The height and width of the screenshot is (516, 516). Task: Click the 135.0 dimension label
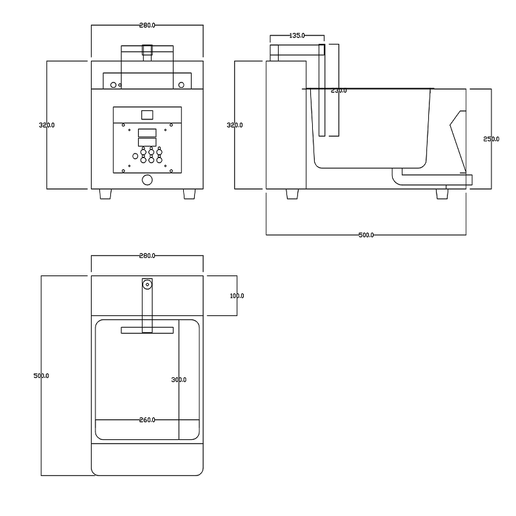pyautogui.click(x=297, y=36)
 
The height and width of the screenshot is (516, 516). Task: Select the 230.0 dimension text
pyautogui.click(x=339, y=91)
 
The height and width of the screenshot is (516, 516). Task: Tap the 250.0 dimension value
pyautogui.click(x=491, y=139)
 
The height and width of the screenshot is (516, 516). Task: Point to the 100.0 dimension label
pyautogui.click(x=237, y=296)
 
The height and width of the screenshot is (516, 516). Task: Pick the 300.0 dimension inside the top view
pyautogui.click(x=179, y=380)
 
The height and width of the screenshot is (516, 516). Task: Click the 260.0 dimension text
pyautogui.click(x=147, y=420)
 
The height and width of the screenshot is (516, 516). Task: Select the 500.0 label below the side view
pyautogui.click(x=366, y=235)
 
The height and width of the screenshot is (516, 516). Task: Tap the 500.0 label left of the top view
pyautogui.click(x=41, y=375)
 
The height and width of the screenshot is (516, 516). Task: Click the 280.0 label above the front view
pyautogui.click(x=147, y=25)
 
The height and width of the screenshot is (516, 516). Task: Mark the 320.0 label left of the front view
pyautogui.click(x=47, y=125)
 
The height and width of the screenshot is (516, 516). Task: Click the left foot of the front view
pyautogui.click(x=105, y=194)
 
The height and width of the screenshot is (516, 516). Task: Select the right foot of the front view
pyautogui.click(x=190, y=194)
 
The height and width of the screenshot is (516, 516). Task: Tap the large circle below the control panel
pyautogui.click(x=147, y=181)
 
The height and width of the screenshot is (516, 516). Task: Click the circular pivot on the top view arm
pyautogui.click(x=148, y=284)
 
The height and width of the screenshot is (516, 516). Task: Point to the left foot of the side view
pyautogui.click(x=292, y=194)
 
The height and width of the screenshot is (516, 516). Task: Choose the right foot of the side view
pyautogui.click(x=442, y=194)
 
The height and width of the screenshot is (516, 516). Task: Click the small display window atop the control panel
pyautogui.click(x=147, y=115)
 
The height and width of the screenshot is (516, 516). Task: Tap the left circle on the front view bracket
pyautogui.click(x=114, y=84)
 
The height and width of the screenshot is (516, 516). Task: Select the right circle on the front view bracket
pyautogui.click(x=182, y=84)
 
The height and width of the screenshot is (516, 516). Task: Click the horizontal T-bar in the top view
pyautogui.click(x=147, y=330)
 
